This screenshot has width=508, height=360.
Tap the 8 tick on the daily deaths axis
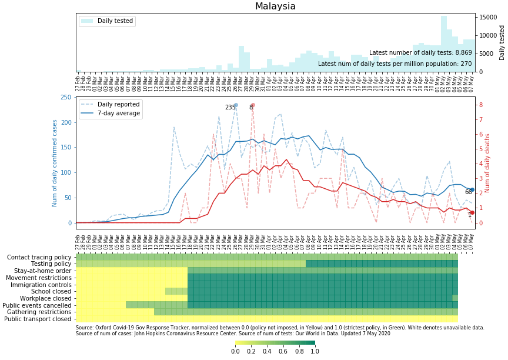[480, 105]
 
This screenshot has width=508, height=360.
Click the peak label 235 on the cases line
[230, 108]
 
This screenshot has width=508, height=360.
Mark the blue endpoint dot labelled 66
[472, 189]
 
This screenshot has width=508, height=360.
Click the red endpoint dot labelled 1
[472, 213]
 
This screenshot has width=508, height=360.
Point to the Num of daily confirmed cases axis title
[55, 163]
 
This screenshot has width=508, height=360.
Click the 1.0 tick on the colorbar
[315, 351]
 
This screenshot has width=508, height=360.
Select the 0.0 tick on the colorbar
[235, 351]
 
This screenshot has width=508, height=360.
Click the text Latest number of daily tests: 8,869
[420, 53]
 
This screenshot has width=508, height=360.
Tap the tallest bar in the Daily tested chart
[444, 44]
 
